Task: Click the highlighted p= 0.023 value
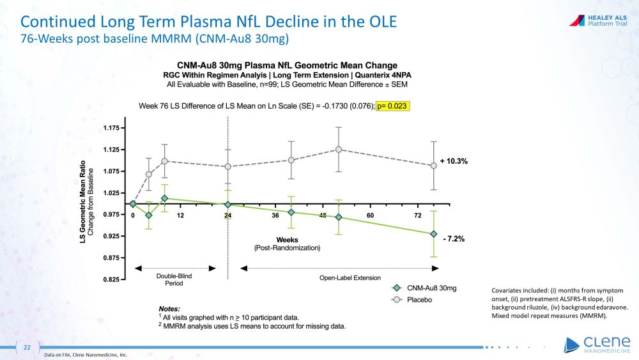[391, 106]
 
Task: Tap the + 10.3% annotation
[453, 162]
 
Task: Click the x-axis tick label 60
[370, 215]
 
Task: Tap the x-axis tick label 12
[180, 215]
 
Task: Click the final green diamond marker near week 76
[434, 234]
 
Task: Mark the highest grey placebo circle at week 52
[339, 150]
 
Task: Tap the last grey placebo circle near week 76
[434, 166]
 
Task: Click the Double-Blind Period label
[174, 280]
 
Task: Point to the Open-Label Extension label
[350, 278]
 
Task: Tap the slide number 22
[27, 347]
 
